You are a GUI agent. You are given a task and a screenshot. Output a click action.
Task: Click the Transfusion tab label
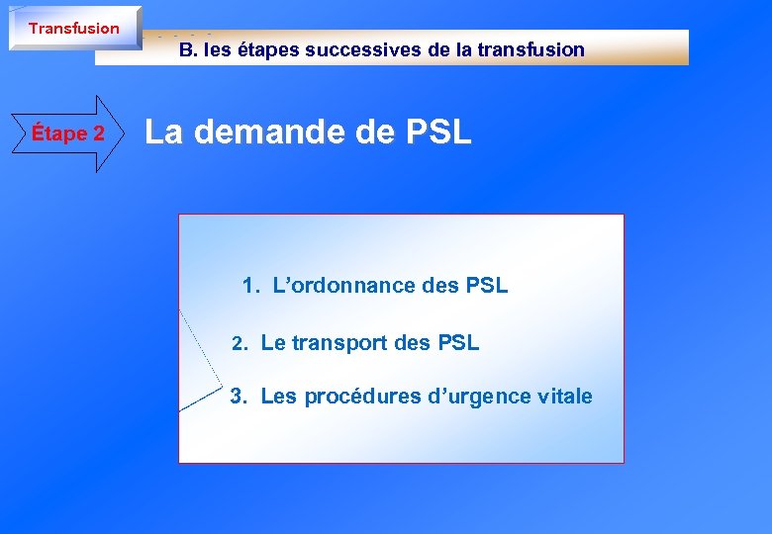pyautogui.click(x=73, y=29)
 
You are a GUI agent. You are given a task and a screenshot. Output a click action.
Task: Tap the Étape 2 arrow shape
pyautogui.click(x=68, y=133)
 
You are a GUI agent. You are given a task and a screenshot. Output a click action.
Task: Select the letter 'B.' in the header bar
pyautogui.click(x=188, y=49)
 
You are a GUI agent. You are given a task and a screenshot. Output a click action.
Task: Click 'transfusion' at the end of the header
pyautogui.click(x=533, y=49)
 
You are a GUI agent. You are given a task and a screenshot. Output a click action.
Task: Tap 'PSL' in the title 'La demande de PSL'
pyautogui.click(x=439, y=133)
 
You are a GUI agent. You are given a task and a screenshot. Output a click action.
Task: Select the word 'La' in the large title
pyautogui.click(x=165, y=133)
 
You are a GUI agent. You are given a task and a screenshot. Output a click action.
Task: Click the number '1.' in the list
pyautogui.click(x=251, y=287)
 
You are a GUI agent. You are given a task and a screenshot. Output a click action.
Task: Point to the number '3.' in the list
pyautogui.click(x=239, y=398)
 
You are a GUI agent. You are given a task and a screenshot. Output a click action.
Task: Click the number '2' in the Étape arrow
pyautogui.click(x=98, y=133)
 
